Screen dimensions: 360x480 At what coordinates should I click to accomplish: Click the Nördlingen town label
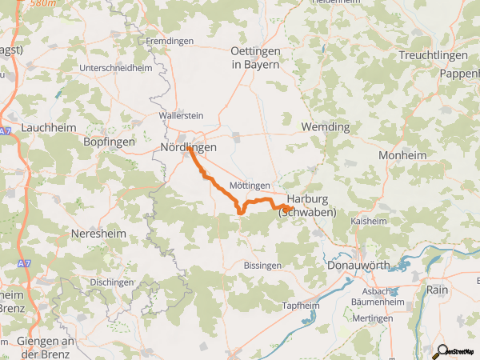[x=189, y=148]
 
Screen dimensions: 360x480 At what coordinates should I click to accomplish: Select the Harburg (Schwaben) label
[x=307, y=206]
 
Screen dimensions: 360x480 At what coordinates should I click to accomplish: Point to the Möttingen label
[x=250, y=185]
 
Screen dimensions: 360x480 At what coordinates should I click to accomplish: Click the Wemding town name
[x=325, y=127]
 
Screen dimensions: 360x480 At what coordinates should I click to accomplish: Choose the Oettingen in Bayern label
[x=255, y=57]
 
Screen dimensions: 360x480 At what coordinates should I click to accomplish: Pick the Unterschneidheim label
[x=117, y=68]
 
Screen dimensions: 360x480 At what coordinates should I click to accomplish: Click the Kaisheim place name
[x=369, y=220]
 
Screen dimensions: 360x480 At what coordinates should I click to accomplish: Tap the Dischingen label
[x=112, y=282]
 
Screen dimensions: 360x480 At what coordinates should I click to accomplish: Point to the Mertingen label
[x=372, y=318]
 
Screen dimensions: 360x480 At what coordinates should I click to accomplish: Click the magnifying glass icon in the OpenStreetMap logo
[x=441, y=350]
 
